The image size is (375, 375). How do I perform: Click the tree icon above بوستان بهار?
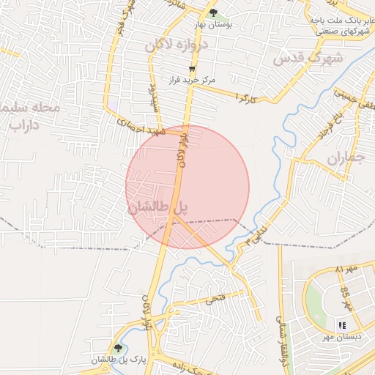[213, 12]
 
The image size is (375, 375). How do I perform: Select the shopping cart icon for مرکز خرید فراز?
[191, 67]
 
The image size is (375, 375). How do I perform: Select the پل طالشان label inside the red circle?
[158, 208]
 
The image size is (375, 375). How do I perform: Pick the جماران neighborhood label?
[345, 157]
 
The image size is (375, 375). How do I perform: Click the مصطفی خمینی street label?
[352, 97]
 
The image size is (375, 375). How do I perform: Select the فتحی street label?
[216, 300]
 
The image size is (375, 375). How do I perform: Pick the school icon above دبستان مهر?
[341, 325]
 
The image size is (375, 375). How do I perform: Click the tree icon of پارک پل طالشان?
[118, 348]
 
